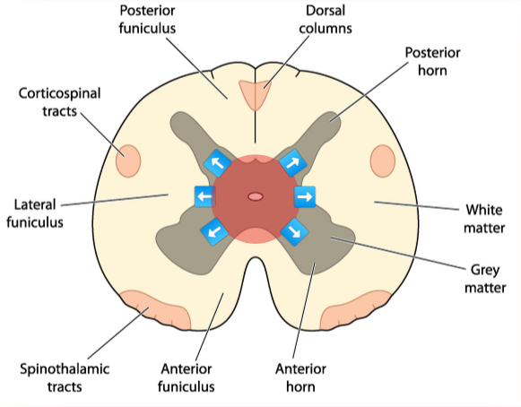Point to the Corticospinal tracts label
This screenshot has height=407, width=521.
pyautogui.click(x=58, y=101)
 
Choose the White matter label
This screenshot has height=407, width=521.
pyautogui.click(x=483, y=219)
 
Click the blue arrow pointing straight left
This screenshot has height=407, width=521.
pyautogui.click(x=204, y=196)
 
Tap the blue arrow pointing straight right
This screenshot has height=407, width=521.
pyautogui.click(x=305, y=196)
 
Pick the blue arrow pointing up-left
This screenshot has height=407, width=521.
pyautogui.click(x=216, y=163)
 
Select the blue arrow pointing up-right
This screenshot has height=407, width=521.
pyautogui.click(x=292, y=162)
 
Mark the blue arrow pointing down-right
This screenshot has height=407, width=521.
pyautogui.click(x=293, y=231)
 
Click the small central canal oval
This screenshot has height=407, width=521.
pyautogui.click(x=256, y=195)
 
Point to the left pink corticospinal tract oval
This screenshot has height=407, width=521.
pyautogui.click(x=128, y=161)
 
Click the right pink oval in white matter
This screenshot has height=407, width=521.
pyautogui.click(x=383, y=161)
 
